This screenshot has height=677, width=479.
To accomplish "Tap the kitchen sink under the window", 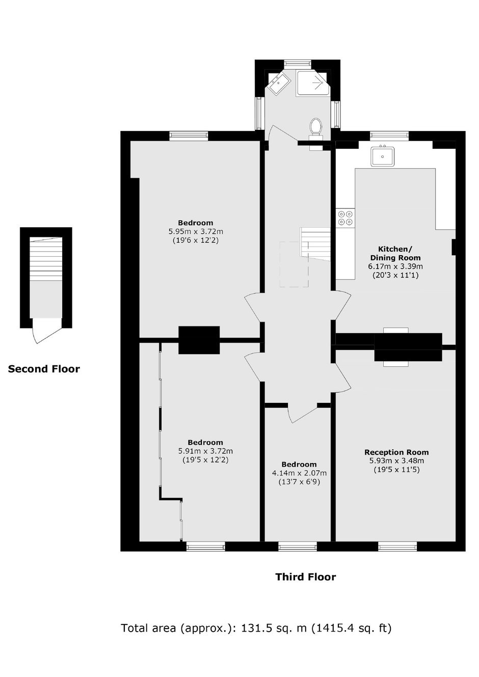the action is point(383,156).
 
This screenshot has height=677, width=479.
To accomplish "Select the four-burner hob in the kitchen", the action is point(345,218).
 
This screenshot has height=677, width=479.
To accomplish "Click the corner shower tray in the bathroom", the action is point(312,83).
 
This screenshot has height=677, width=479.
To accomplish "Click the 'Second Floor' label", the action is point(44,369).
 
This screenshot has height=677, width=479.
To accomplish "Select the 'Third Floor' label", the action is point(305,577).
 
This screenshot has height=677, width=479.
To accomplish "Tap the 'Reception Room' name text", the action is point(396,452).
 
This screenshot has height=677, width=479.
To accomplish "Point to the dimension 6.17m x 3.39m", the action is point(395,266).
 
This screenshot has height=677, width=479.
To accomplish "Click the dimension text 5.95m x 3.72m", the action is point(196,231).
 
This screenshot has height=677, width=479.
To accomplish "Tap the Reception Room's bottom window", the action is point(397,546).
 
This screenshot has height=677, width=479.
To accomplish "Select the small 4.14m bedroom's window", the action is point(298,546).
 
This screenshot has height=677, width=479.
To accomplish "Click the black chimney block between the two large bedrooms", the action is point(199,340).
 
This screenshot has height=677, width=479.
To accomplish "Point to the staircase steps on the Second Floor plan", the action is point(46,258).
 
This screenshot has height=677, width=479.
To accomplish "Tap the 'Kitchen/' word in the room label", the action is point(395,249).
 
